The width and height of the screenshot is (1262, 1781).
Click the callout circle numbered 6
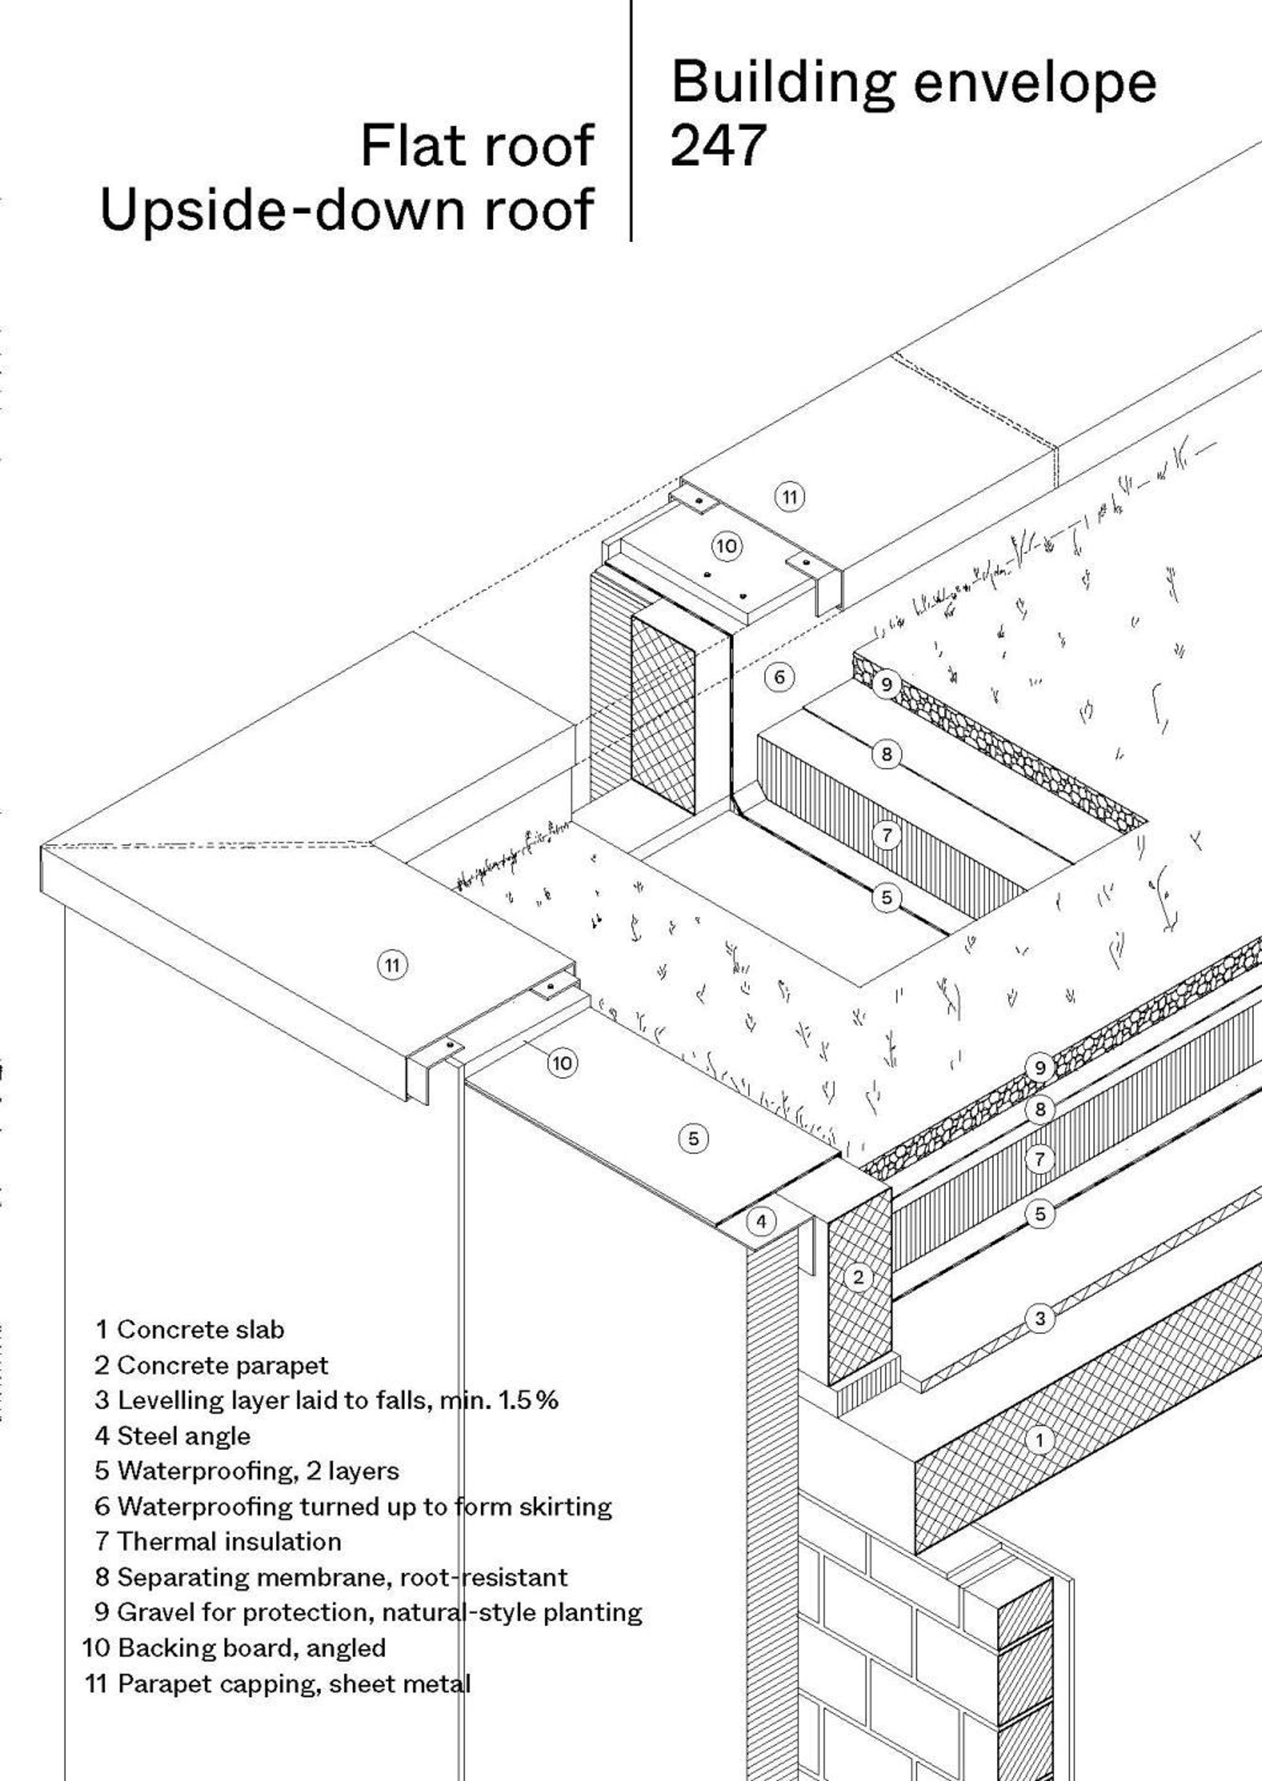[x=779, y=678]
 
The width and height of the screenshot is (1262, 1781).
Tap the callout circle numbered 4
[x=761, y=1222]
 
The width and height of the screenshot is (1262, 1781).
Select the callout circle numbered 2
[x=858, y=1277]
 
